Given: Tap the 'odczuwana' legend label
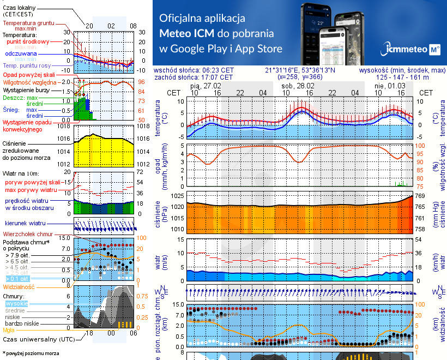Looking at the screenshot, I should click(21, 54).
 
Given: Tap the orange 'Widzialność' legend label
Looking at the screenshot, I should click(19, 286).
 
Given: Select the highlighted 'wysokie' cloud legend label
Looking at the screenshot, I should click(16, 303).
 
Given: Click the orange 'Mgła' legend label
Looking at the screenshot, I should click(9, 330).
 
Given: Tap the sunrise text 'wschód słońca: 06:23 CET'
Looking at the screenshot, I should click(194, 70).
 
